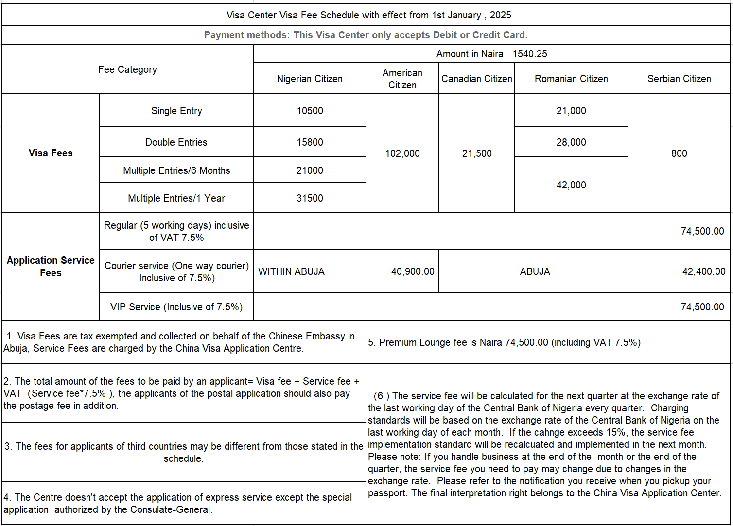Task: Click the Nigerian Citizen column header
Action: point(310,79)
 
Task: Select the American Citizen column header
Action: point(402,79)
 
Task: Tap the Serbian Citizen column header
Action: point(679,79)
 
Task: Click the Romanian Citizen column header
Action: point(571,79)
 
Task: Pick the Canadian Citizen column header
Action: point(476,79)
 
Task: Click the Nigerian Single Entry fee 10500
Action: point(310,111)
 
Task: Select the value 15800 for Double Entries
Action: point(310,142)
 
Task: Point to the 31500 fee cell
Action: point(310,198)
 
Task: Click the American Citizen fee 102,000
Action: point(402,153)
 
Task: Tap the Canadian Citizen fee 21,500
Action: point(477,153)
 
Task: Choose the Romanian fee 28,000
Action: point(571,142)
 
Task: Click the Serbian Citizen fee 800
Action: point(679,153)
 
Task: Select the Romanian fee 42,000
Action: point(571,185)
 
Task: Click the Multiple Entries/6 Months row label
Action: point(176,170)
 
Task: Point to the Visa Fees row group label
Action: point(51,153)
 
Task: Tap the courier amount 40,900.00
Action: point(413,271)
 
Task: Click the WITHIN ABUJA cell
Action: point(291,271)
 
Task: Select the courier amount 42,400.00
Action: point(703,271)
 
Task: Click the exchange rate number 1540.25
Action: point(530,54)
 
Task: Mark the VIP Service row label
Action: point(176,307)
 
